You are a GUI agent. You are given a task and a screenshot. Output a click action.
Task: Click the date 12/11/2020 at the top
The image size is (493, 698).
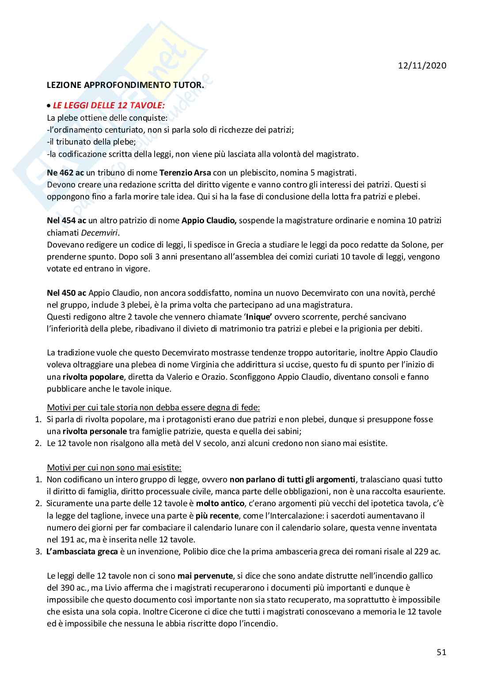click(422, 65)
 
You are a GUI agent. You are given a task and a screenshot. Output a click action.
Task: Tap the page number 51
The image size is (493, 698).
click(441, 652)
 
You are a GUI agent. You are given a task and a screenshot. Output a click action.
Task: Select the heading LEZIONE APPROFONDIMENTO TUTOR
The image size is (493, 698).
click(125, 85)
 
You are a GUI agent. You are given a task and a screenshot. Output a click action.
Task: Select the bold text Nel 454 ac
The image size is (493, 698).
click(66, 220)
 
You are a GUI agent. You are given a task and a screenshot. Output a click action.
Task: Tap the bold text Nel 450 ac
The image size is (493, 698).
click(66, 293)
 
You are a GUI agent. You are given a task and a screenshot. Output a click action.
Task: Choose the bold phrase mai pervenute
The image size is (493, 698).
click(205, 576)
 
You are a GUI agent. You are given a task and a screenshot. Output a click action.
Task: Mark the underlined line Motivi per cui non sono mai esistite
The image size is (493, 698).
click(114, 467)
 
